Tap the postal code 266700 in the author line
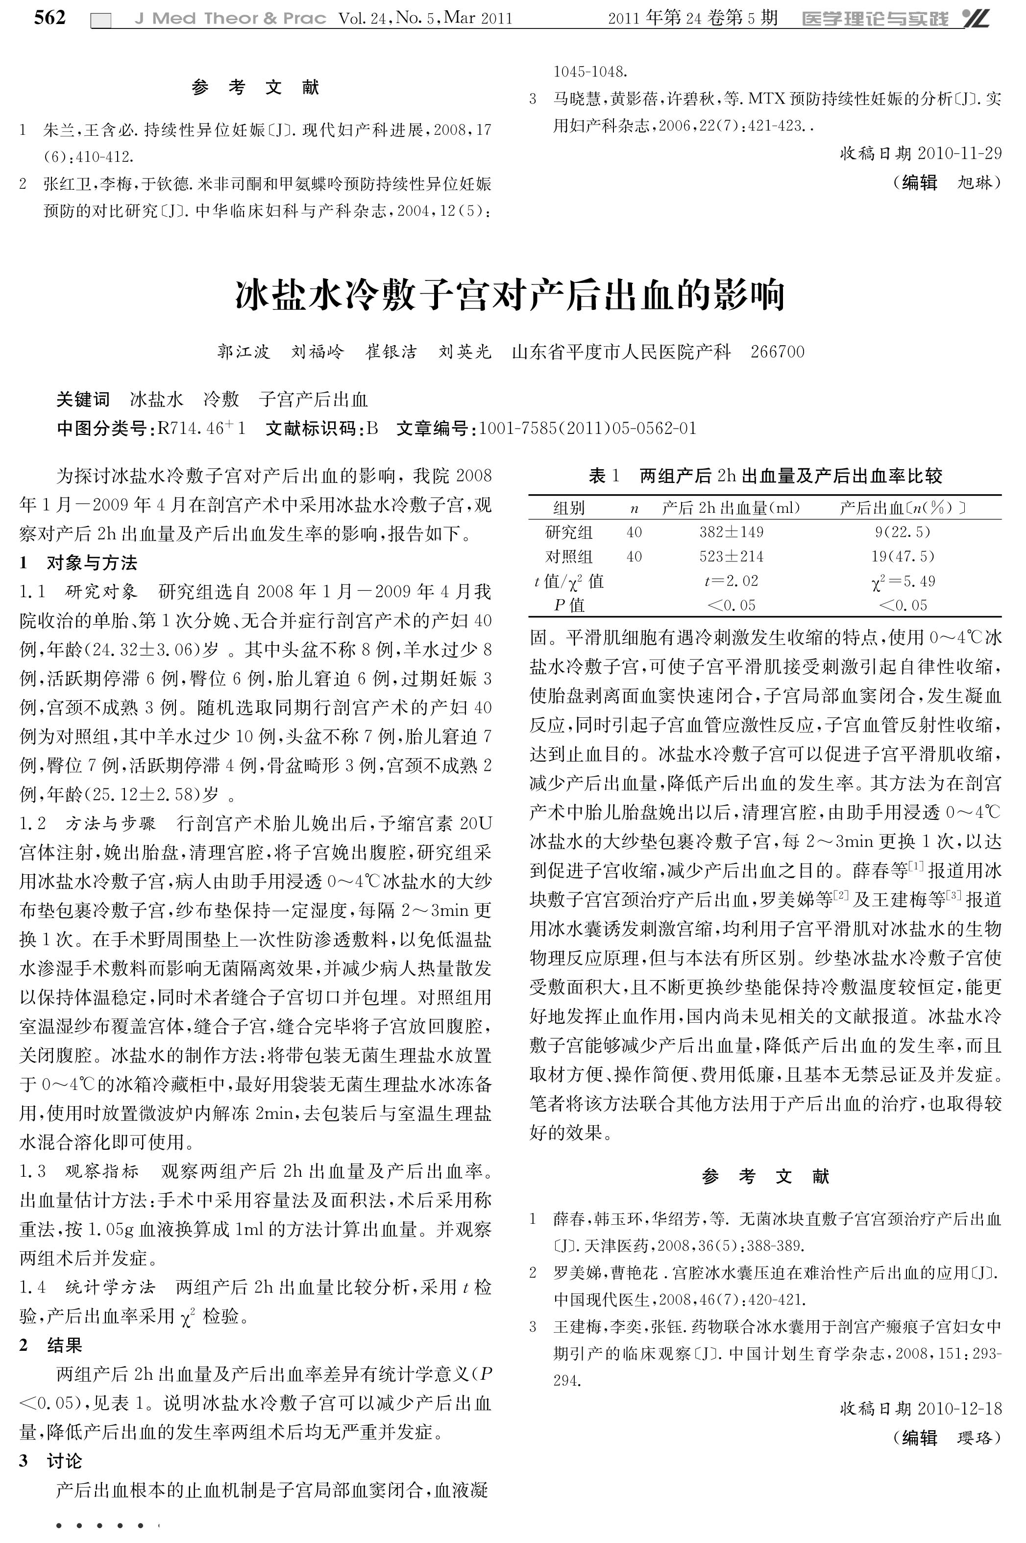[778, 352]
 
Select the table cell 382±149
[731, 531]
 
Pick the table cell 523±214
[731, 556]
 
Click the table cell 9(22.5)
[903, 531]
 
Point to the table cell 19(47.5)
[903, 556]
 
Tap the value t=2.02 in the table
[731, 581]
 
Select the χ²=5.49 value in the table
[903, 581]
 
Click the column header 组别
[569, 507]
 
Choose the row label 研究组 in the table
[569, 531]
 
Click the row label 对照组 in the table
[569, 556]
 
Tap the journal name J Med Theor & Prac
[230, 18]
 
